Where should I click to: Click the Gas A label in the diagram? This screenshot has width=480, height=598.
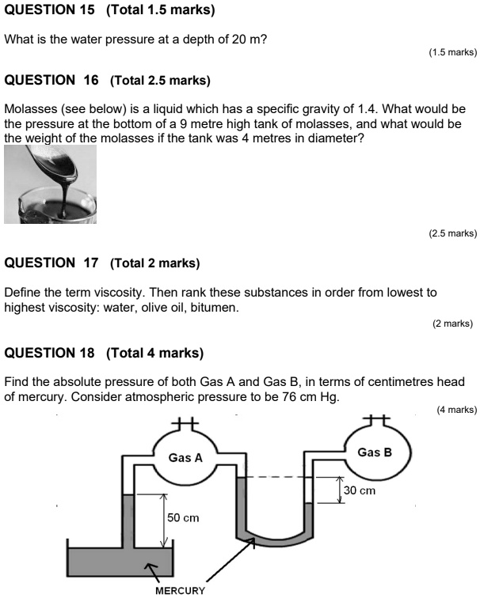point(186,457)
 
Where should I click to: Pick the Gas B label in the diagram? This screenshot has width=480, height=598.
point(374,452)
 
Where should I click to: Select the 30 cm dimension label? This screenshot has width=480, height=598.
point(360,490)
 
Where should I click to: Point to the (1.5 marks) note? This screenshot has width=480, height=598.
point(452,52)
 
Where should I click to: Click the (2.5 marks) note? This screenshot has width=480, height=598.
point(452,233)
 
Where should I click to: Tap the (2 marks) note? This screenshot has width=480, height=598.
point(452,323)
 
